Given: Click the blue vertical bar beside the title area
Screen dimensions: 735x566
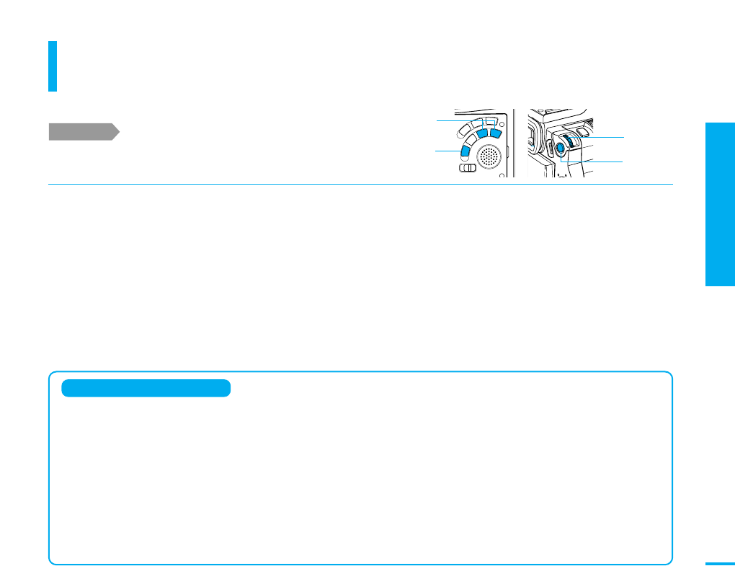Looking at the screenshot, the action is pyautogui.click(x=53, y=66).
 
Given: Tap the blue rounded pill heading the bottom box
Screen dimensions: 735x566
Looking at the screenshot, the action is pyautogui.click(x=146, y=389).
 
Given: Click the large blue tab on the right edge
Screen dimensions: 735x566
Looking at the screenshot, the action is pyautogui.click(x=720, y=205).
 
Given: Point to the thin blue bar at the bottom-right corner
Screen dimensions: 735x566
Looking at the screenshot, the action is pyautogui.click(x=719, y=564).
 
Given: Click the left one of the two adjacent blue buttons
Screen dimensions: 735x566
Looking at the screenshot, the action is pyautogui.click(x=483, y=134).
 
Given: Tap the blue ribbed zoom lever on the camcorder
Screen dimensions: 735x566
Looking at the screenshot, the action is pyautogui.click(x=569, y=139).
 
